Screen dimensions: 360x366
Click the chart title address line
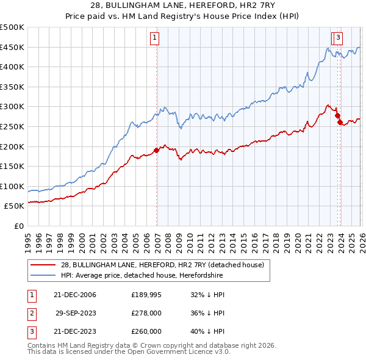click(183, 5)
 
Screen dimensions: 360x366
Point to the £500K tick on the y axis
click(12, 27)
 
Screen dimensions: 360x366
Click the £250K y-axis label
click(12, 126)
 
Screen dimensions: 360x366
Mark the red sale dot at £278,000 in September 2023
click(337, 114)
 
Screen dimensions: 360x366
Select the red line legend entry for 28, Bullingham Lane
click(162, 265)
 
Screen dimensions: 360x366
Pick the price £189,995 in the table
click(146, 295)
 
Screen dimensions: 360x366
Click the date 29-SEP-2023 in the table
click(76, 314)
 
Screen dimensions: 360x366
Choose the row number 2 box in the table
click(30, 314)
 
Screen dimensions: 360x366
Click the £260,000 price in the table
click(146, 333)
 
